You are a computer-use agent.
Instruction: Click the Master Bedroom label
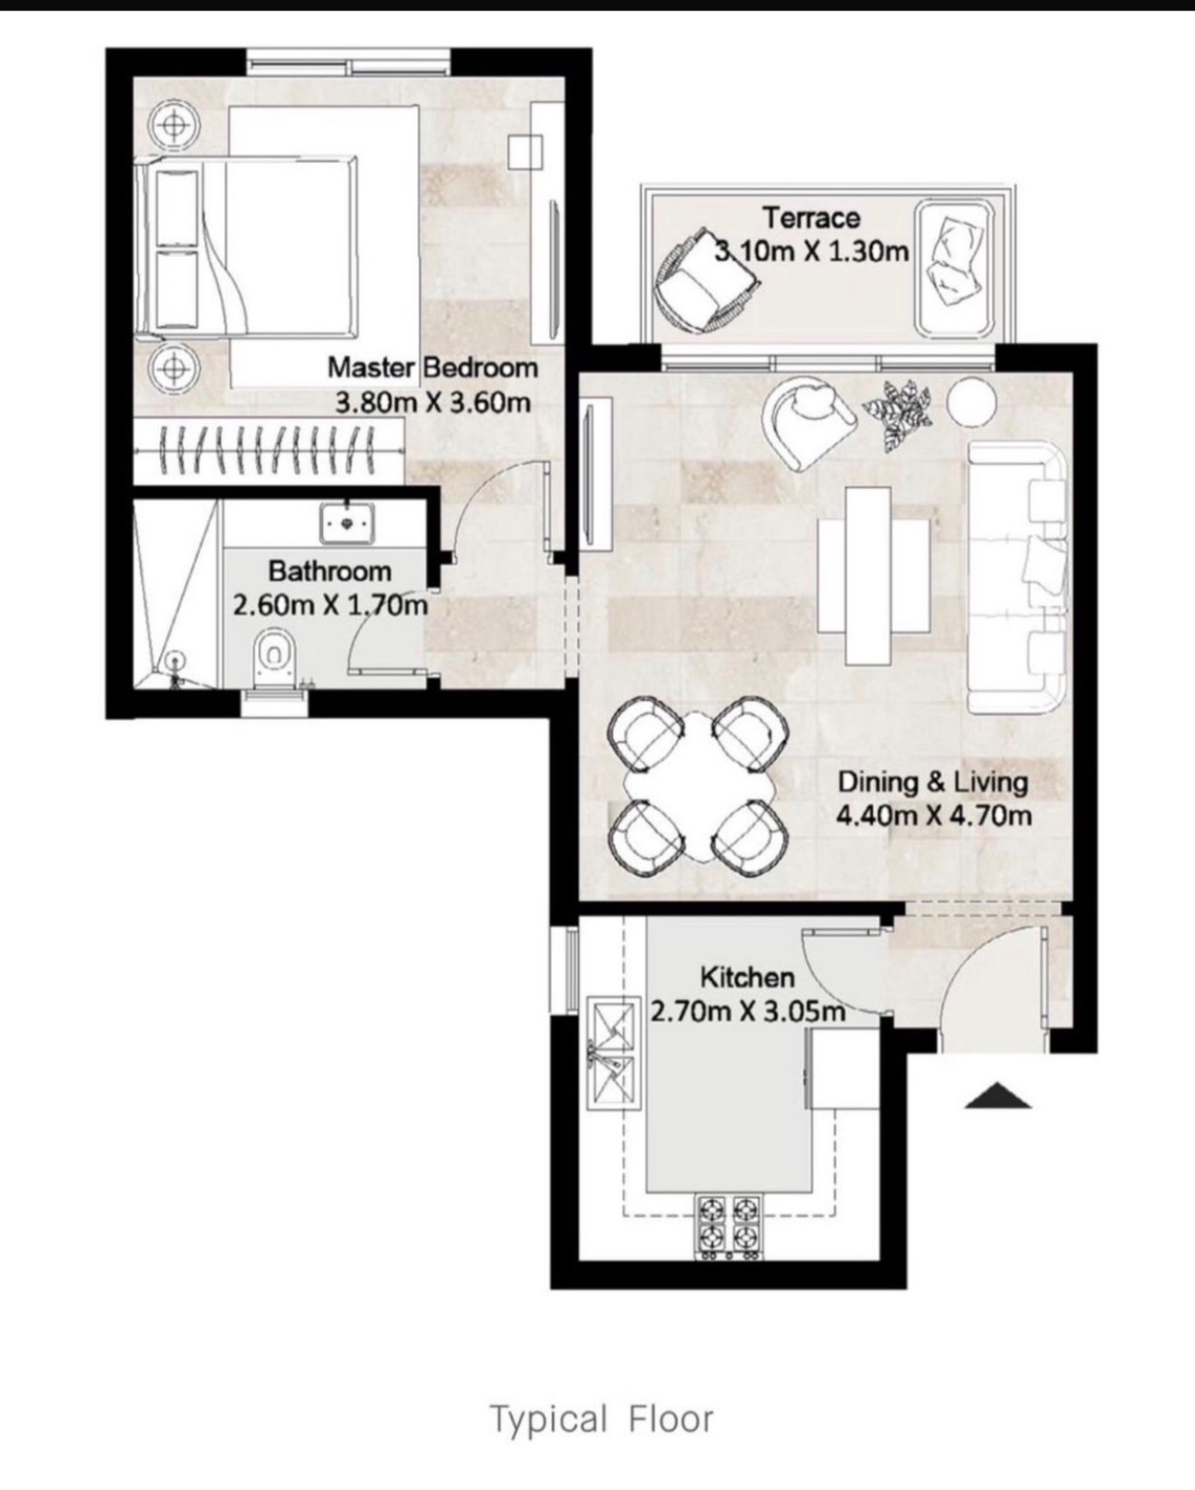432,367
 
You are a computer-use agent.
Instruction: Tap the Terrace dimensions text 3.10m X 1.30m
811,251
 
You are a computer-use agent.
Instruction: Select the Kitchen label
747,978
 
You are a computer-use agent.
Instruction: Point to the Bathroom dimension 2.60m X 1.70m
330,606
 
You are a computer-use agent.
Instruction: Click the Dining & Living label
932,782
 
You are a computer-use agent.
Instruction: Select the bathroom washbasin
347,522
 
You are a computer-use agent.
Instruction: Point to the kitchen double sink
612,1053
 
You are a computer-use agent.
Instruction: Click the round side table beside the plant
971,401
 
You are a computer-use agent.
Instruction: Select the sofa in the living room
1017,577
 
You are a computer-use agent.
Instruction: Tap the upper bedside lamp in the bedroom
174,125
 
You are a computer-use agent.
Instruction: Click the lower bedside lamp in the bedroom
174,368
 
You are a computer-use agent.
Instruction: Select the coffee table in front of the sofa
874,576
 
